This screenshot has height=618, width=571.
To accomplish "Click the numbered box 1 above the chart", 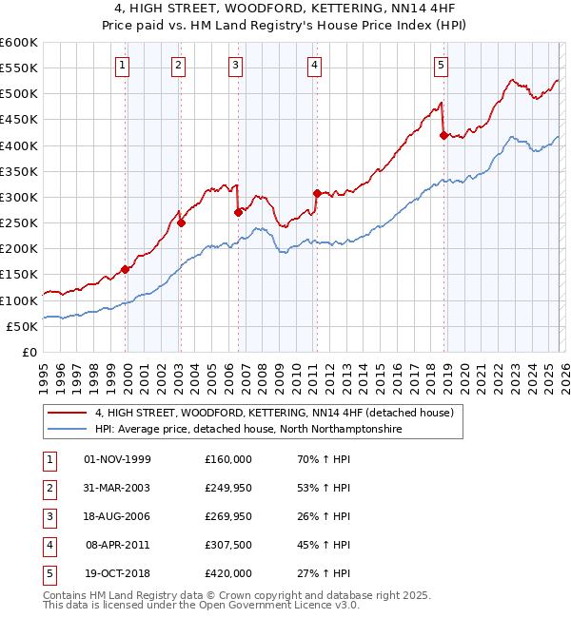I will pyautogui.click(x=125, y=66).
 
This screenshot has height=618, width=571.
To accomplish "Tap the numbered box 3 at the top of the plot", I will pyautogui.click(x=235, y=66).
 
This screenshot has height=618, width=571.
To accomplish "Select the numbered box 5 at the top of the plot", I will pyautogui.click(x=442, y=66).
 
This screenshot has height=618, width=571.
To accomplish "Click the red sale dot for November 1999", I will pyautogui.click(x=126, y=269).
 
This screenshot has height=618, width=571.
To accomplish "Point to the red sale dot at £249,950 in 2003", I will pyautogui.click(x=182, y=223).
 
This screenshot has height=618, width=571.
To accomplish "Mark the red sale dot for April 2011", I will pyautogui.click(x=317, y=193).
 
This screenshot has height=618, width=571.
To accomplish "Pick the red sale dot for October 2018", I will pyautogui.click(x=443, y=135).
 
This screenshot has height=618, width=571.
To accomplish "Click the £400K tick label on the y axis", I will pyautogui.click(x=19, y=145).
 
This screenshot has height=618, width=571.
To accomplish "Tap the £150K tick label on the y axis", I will pyautogui.click(x=19, y=275).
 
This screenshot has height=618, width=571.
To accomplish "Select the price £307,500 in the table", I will pyautogui.click(x=228, y=546).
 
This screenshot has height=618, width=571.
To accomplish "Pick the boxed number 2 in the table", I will pyautogui.click(x=47, y=489).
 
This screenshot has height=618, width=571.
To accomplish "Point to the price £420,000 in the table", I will pyautogui.click(x=228, y=574).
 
